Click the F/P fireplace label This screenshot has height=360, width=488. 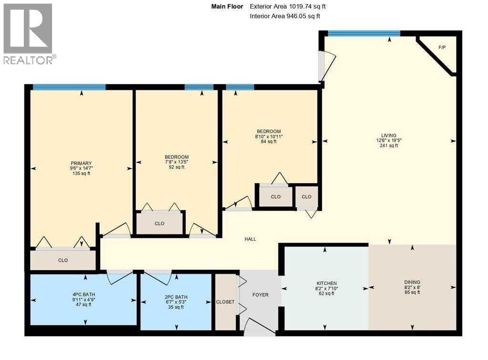pos(442,47)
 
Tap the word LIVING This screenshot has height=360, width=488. pos(389,135)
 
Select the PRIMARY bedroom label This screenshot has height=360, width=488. pos(81,163)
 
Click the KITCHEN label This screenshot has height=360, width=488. pos(326,283)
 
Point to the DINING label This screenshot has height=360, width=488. pos(412,282)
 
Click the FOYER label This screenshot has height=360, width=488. pos(260,295)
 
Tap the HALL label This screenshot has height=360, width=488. pos(250,239)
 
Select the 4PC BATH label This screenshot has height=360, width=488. pos(84,295)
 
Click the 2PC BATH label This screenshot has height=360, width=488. pos(176,297)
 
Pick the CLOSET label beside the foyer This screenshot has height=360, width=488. pos(225,302)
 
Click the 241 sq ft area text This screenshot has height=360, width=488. pos(389,145)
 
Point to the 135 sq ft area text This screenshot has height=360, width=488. pos(81,173)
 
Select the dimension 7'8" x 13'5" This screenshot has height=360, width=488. pos(176,162)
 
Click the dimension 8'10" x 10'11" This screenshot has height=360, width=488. pos(269,136)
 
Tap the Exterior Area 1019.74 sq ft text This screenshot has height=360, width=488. pos(288,7)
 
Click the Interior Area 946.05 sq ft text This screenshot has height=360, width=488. pos(285,16)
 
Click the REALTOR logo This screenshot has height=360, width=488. pos(29,34)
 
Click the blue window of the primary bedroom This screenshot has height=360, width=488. pos(69,87)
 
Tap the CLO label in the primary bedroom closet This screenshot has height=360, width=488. pos(63,260)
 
